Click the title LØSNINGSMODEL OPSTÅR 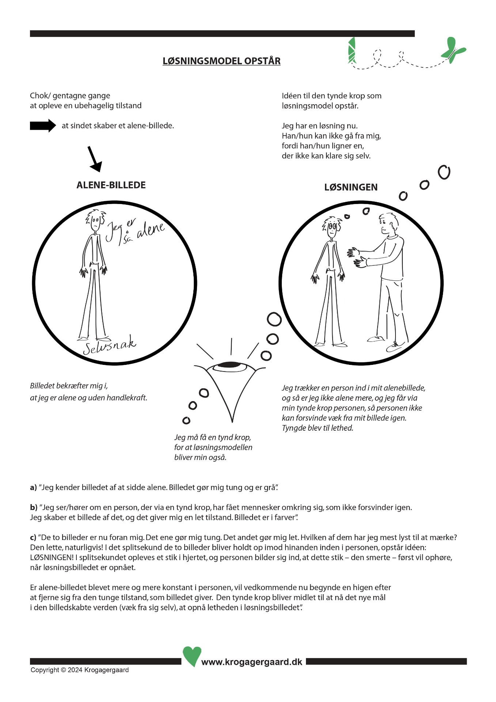pyautogui.click(x=222, y=61)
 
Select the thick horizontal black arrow pyautogui.click(x=43, y=126)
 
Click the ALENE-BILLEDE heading pyautogui.click(x=111, y=185)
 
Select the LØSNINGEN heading pyautogui.click(x=351, y=187)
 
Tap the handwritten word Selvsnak pyautogui.click(x=109, y=346)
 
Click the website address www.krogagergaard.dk pyautogui.click(x=252, y=662)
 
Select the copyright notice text pyautogui.click(x=80, y=670)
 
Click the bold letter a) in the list pyautogui.click(x=33, y=487)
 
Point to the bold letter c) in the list pyautogui.click(x=33, y=537)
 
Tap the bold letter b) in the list pyautogui.click(x=34, y=507)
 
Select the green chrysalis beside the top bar pyautogui.click(x=352, y=50)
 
